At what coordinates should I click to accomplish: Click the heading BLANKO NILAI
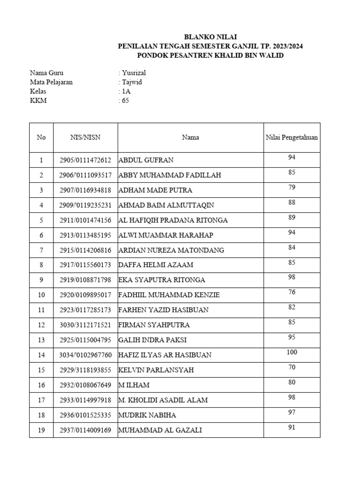coord(210,37)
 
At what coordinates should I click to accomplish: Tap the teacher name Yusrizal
coord(135,73)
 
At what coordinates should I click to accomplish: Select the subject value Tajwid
coord(132,82)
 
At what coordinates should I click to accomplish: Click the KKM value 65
coord(125,100)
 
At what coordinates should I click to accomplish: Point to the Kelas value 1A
coord(126,91)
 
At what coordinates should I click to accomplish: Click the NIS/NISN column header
coord(85,137)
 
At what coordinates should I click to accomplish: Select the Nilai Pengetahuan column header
coord(292,137)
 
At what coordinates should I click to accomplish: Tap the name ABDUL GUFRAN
coord(146,160)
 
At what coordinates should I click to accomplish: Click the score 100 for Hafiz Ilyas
coord(292,352)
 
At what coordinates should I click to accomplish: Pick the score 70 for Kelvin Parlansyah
coord(292,367)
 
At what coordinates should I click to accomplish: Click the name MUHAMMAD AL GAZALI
coord(160,430)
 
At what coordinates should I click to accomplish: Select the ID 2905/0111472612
coord(85,160)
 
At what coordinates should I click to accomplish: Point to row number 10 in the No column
coord(41,295)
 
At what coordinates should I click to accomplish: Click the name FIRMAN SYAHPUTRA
coord(154,325)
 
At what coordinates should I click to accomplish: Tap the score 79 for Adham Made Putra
coord(292,187)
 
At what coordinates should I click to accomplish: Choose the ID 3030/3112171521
coord(85,325)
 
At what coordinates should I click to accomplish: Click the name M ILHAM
coord(134,385)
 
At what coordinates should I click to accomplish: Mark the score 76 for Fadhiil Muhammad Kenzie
coord(292,292)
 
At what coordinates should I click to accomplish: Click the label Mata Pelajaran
coord(51,82)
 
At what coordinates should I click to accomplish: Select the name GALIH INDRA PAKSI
coord(152,340)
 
